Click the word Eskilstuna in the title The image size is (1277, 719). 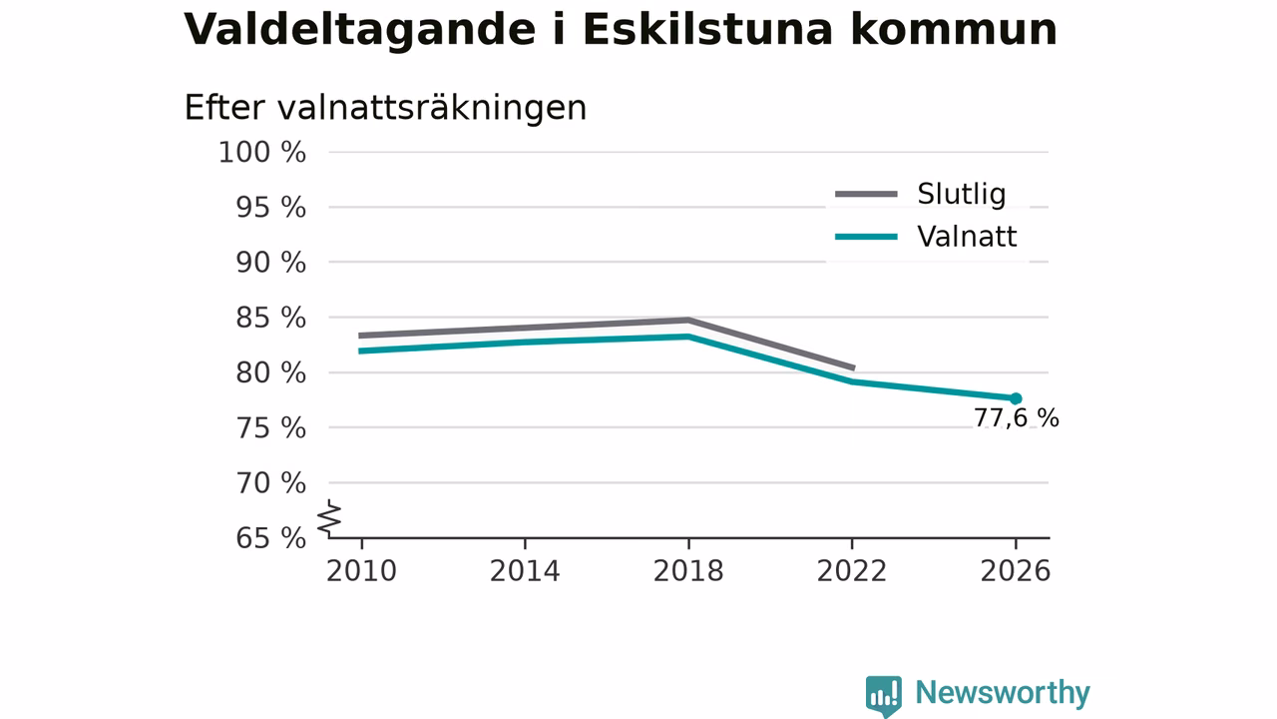click(708, 29)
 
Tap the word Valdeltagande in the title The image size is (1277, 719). click(360, 31)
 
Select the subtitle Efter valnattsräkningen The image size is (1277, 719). click(385, 107)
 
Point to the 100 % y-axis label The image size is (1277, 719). click(262, 153)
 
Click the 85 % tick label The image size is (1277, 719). click(270, 318)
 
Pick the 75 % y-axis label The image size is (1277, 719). click(270, 428)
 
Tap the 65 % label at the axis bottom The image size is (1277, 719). click(270, 538)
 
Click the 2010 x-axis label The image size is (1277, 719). click(361, 571)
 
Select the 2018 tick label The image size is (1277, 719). click(688, 571)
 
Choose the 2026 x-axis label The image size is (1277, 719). click(1016, 571)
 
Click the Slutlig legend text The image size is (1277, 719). click(962, 194)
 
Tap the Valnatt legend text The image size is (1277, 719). click(967, 237)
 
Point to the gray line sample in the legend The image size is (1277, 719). click(867, 194)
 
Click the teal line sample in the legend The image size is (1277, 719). click(867, 237)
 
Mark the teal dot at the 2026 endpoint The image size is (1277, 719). click(1016, 398)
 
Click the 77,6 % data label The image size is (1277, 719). click(1016, 418)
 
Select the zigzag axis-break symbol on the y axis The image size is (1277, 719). click(329, 518)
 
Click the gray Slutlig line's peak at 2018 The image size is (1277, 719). click(688, 321)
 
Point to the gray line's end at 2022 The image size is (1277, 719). click(853, 368)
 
